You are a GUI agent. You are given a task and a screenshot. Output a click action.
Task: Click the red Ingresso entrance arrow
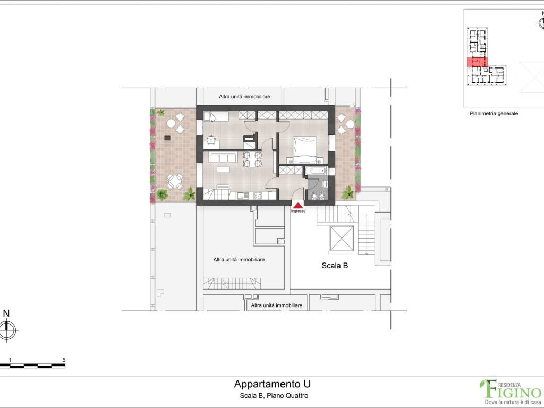tap(299, 205)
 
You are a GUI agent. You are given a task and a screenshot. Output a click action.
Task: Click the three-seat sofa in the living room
tap(223, 157)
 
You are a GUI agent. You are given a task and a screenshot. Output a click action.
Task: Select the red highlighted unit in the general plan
tap(477, 62)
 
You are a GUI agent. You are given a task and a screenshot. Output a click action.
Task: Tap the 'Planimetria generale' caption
tap(494, 113)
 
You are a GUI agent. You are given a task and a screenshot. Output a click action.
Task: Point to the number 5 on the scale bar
tap(64, 360)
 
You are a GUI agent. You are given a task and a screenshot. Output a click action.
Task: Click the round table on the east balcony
tap(350, 125)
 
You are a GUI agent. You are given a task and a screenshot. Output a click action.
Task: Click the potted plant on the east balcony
tap(350, 191)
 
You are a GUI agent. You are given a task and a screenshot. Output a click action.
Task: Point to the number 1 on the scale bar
tap(11, 360)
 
